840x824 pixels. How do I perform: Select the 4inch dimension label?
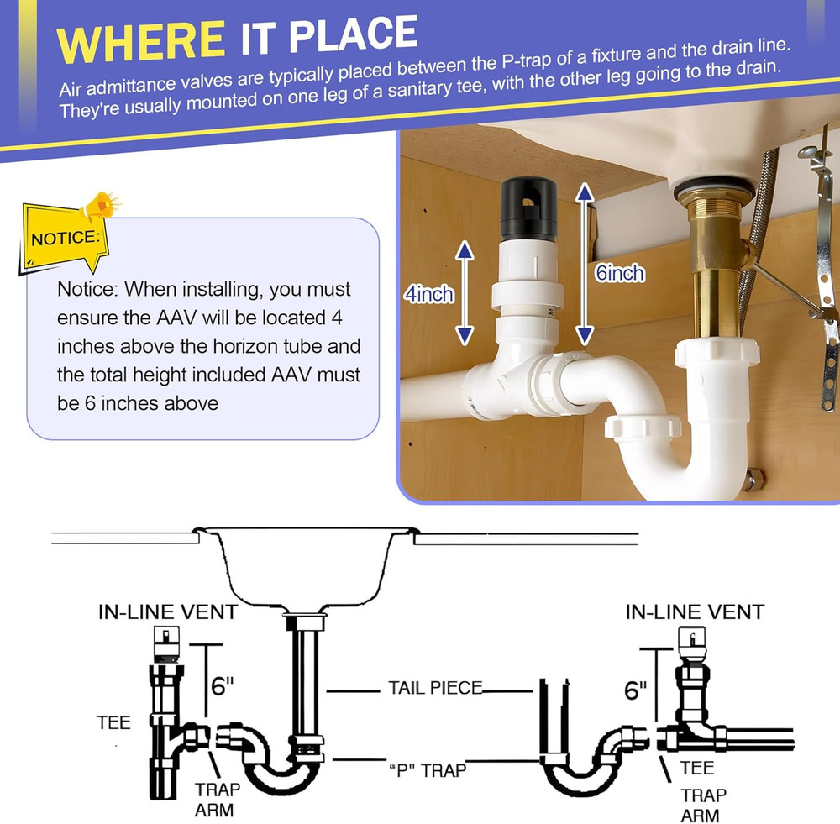428,294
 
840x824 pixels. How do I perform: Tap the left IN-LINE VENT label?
167,612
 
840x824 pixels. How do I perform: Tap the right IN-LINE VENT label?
695,612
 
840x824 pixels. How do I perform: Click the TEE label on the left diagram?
113,722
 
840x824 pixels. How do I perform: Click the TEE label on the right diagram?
697,767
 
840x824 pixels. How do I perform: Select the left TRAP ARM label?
218,800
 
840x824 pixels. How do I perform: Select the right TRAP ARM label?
703,804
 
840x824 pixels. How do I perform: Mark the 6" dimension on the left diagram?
222,686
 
